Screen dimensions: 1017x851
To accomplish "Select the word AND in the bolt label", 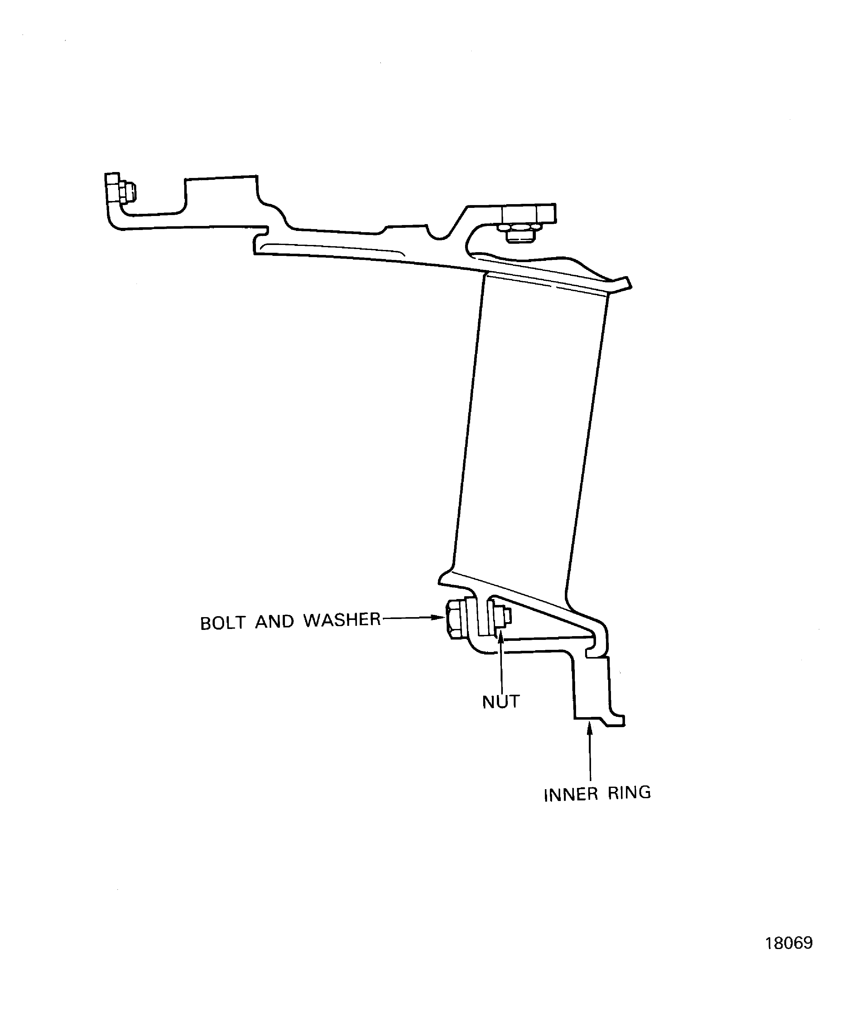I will [x=275, y=621].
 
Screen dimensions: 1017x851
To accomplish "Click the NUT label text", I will [x=501, y=702].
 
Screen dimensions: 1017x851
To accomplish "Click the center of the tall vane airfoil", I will [x=530, y=426].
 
